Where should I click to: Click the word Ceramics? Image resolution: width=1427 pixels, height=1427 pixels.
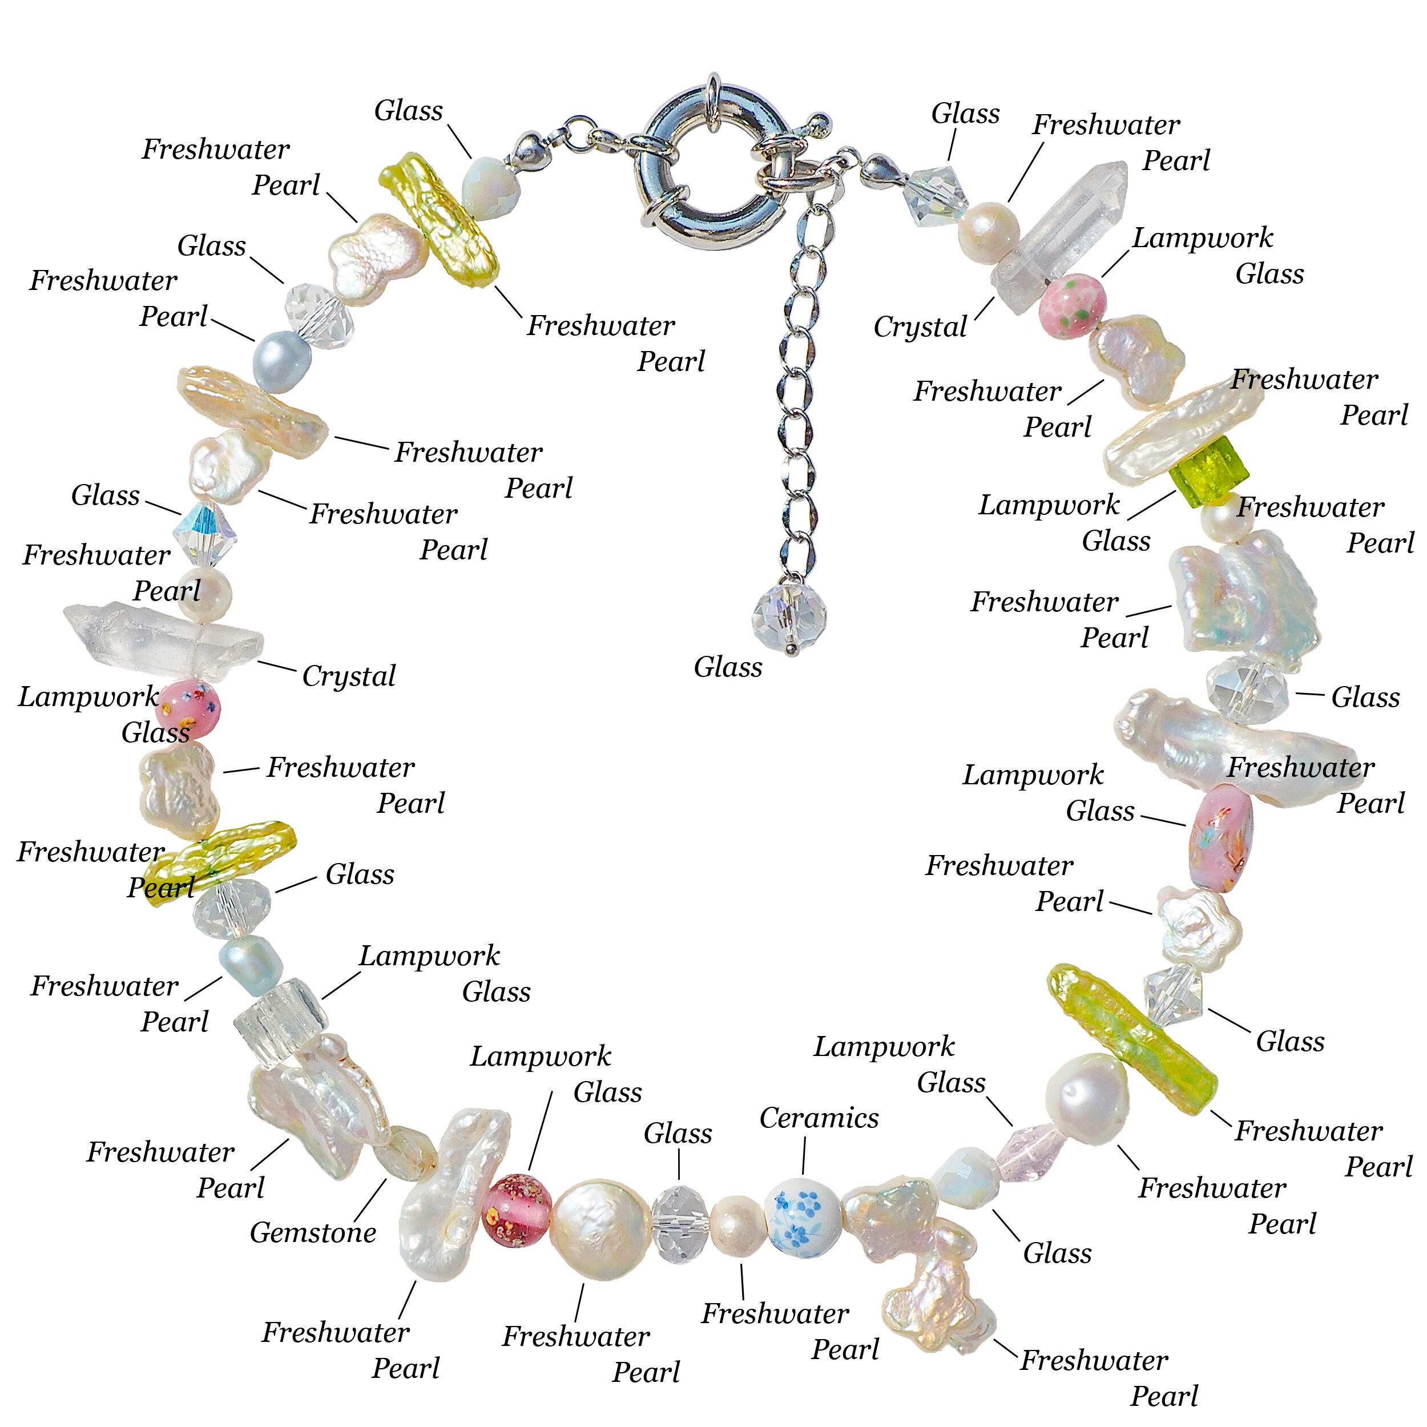pyautogui.click(x=819, y=1118)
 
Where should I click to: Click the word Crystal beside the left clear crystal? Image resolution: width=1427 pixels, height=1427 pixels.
pyautogui.click(x=349, y=676)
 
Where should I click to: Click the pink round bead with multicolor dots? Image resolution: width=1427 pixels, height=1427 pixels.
pyautogui.click(x=188, y=709)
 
